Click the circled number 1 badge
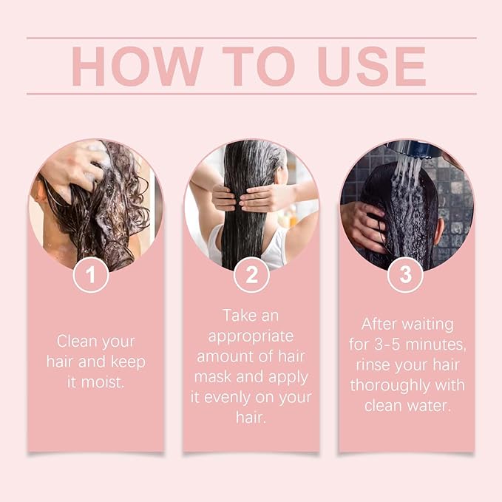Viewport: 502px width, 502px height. [91, 275]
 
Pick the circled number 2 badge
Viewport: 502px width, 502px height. [251, 275]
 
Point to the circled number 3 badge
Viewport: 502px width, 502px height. [405, 275]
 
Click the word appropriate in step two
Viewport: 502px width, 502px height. [250, 336]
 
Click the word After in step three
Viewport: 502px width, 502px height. [381, 324]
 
